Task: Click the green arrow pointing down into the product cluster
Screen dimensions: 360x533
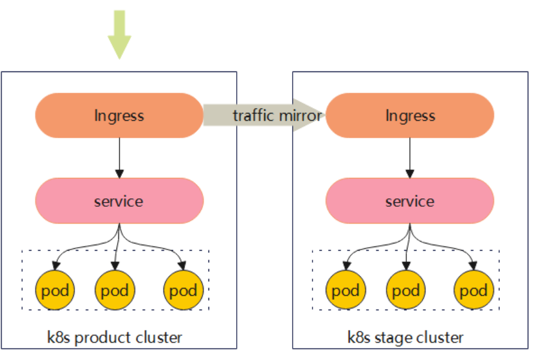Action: [x=119, y=35]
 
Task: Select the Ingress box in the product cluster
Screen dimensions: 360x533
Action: [x=119, y=115]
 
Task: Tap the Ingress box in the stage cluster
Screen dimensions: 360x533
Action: [x=410, y=115]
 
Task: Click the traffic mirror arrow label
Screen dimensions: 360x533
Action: [x=277, y=115]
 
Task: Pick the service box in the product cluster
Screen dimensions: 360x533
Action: [x=119, y=201]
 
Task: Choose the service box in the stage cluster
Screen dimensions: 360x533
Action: [x=410, y=201]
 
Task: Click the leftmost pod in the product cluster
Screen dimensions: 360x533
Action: [x=55, y=291]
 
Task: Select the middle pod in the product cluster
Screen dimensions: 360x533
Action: [x=115, y=291]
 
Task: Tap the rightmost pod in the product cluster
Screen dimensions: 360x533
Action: [x=183, y=291]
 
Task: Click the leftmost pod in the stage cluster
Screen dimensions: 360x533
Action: [x=346, y=291]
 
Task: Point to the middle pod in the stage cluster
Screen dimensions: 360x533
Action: [x=406, y=291]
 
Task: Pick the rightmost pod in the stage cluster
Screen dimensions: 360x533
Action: [x=474, y=291]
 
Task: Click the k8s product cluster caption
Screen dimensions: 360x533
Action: [x=114, y=337]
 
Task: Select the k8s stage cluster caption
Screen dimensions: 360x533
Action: [x=406, y=337]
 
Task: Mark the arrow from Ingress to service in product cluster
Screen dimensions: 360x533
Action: [x=119, y=157]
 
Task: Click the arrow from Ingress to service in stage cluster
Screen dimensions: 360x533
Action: [x=410, y=157]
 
